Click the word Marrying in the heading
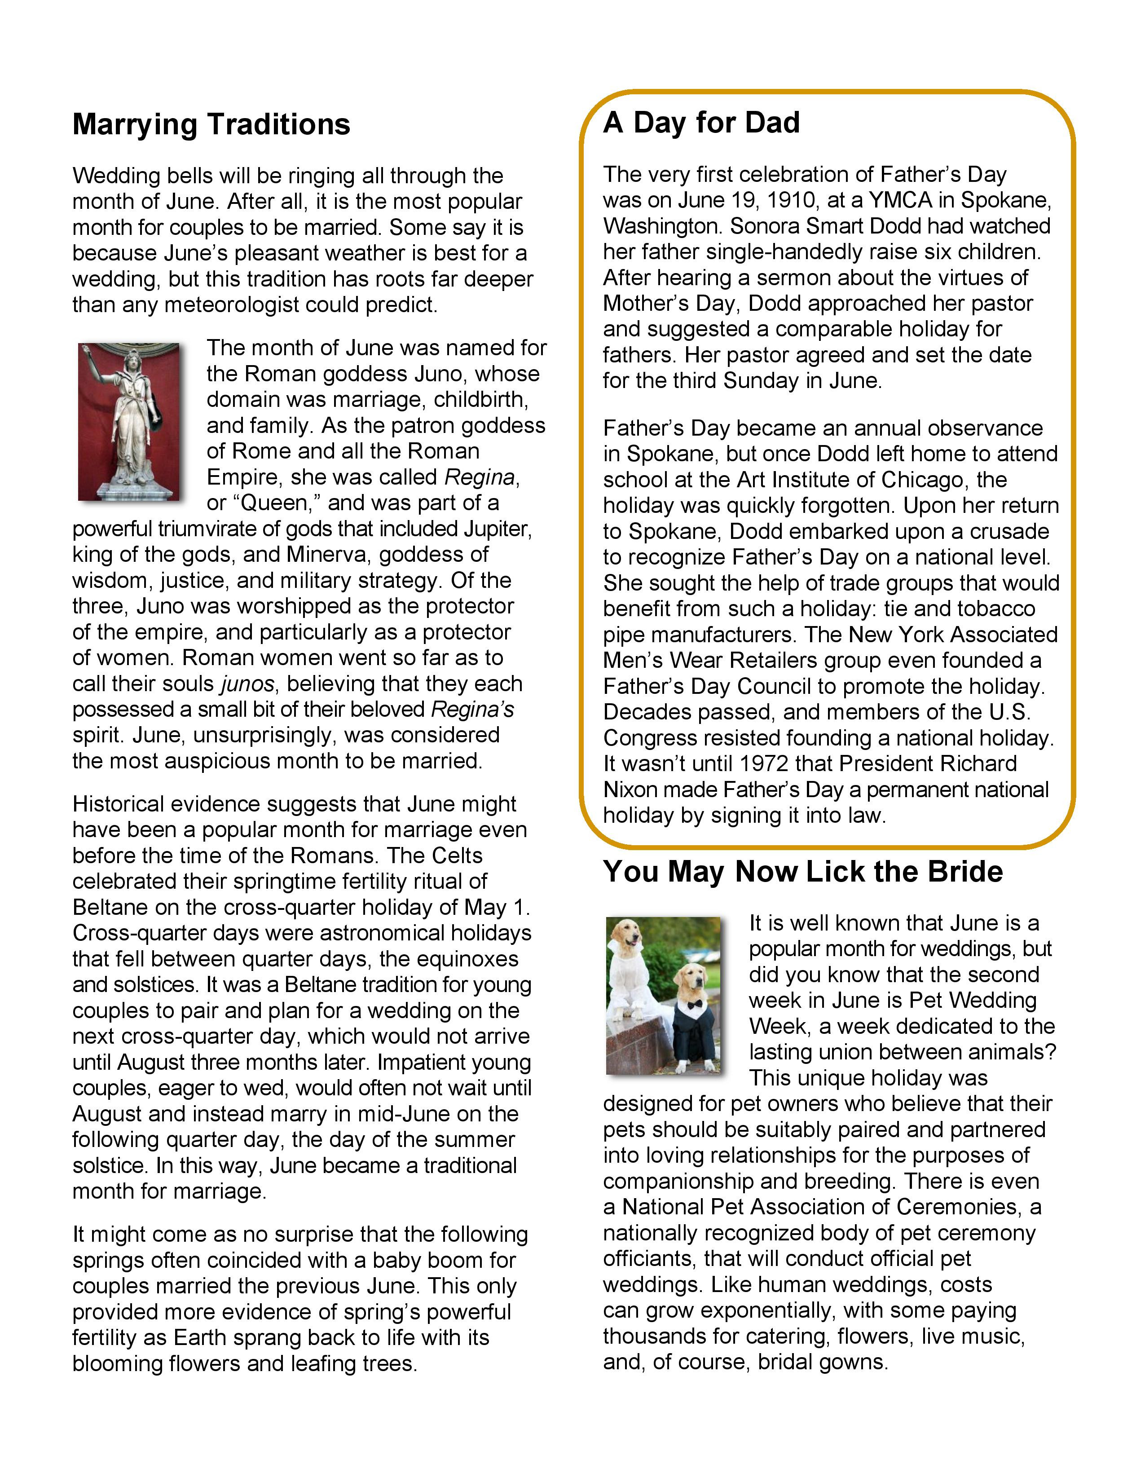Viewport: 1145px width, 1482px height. (135, 125)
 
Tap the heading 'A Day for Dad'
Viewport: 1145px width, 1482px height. (701, 123)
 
